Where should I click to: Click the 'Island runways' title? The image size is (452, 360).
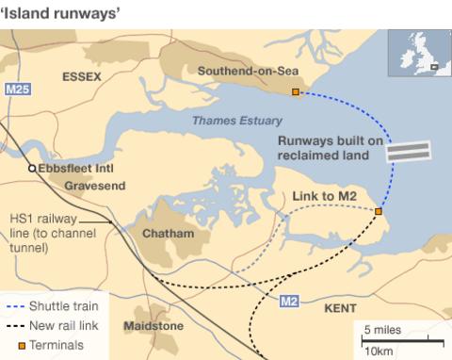click(x=59, y=11)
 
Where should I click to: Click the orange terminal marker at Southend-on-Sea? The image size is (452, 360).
click(x=295, y=92)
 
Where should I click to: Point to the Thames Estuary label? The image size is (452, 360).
click(x=230, y=121)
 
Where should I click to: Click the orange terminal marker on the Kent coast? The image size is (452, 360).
click(x=378, y=212)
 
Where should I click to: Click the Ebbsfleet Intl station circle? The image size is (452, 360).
click(x=31, y=168)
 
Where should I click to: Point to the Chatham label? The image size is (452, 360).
click(x=168, y=233)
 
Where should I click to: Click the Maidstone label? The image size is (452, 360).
click(x=153, y=326)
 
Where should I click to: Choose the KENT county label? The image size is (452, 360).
click(x=340, y=308)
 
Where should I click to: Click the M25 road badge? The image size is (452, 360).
click(x=16, y=89)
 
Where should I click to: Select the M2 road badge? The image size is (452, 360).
click(x=290, y=301)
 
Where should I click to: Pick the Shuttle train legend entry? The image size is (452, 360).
click(x=56, y=305)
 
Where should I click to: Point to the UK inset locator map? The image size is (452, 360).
click(x=418, y=52)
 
